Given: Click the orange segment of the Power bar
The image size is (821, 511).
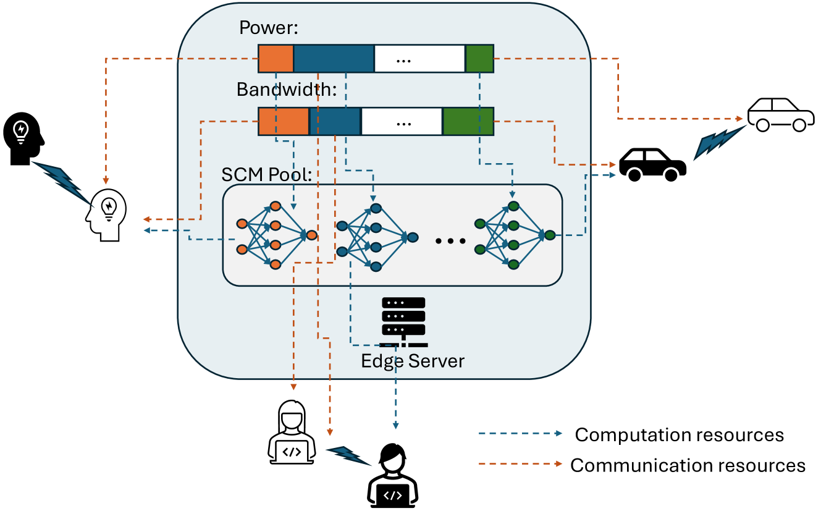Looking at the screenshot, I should point(276,58).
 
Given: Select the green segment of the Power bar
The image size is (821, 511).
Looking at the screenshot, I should point(479,58).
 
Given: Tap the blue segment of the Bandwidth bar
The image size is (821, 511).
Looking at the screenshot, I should point(335,121).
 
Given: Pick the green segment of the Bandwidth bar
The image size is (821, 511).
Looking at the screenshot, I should point(468,121).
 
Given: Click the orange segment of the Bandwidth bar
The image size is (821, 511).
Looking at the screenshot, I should point(283,121).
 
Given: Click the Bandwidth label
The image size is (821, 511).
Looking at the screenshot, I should point(287,90).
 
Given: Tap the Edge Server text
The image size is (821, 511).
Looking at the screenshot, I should point(413,360).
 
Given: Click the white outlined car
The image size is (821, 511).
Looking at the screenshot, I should point(780,114).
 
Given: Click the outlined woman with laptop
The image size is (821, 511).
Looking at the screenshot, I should point(292,432).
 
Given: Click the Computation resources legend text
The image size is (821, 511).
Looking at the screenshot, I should point(679,435).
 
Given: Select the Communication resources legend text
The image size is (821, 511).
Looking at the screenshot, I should point(688,465).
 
